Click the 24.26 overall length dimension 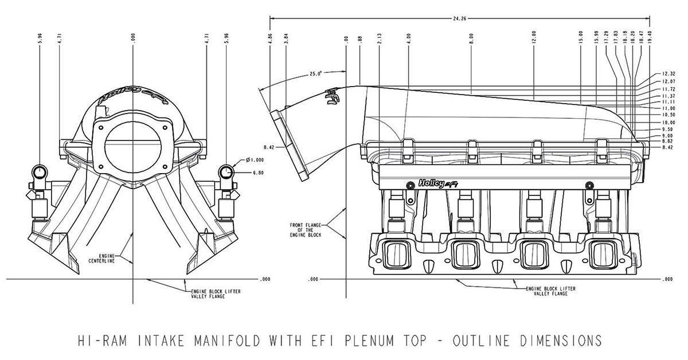(x=459, y=18)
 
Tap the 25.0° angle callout (x=316, y=73)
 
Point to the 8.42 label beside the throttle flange (x=262, y=147)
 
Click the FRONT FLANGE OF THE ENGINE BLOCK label (x=306, y=229)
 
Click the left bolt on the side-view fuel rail (x=409, y=185)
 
